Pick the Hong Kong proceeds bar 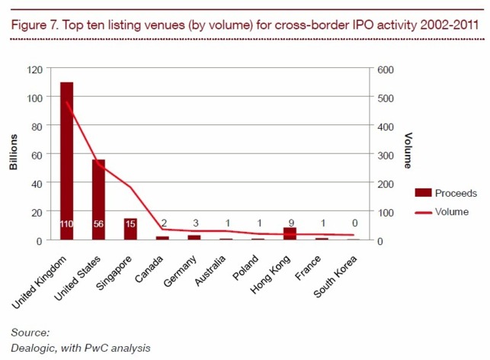pos(290,233)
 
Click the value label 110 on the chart pos(66,223)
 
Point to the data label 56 pos(98,223)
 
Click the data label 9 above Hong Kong pos(290,223)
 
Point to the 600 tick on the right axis pos(386,69)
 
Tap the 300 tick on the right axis pos(386,155)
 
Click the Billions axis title pos(13,155)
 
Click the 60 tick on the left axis pos(35,155)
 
